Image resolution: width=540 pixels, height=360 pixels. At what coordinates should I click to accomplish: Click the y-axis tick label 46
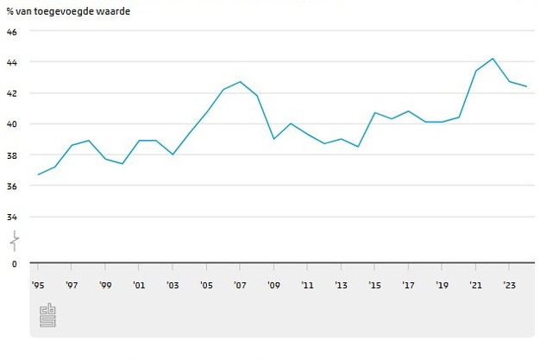click(11, 31)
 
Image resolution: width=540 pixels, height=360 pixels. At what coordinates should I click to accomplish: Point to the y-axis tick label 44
click(11, 62)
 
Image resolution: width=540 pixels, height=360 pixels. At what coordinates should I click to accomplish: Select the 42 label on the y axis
click(11, 93)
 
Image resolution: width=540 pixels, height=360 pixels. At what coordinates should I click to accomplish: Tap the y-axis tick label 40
click(11, 124)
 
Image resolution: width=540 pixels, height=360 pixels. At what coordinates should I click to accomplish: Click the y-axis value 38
click(11, 155)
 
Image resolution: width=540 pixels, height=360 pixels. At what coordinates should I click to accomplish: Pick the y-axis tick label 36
click(11, 186)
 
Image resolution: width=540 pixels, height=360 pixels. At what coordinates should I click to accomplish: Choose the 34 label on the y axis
click(11, 218)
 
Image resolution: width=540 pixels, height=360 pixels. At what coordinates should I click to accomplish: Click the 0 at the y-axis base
click(13, 263)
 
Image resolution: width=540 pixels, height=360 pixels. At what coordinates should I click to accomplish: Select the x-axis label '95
click(38, 285)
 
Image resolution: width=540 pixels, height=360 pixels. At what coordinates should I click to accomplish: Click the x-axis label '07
click(240, 285)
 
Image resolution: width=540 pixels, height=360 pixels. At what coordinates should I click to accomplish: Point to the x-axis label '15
click(374, 285)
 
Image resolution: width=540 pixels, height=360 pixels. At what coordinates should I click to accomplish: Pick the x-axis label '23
click(509, 285)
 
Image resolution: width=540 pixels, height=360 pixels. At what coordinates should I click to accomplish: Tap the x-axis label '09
click(273, 285)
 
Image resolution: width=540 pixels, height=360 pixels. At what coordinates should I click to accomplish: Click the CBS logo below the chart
click(47, 315)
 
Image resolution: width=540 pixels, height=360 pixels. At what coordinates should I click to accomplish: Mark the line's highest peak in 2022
click(492, 59)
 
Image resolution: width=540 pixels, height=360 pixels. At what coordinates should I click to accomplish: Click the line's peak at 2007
click(240, 82)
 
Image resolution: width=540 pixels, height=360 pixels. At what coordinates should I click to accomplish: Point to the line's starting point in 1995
click(38, 174)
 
